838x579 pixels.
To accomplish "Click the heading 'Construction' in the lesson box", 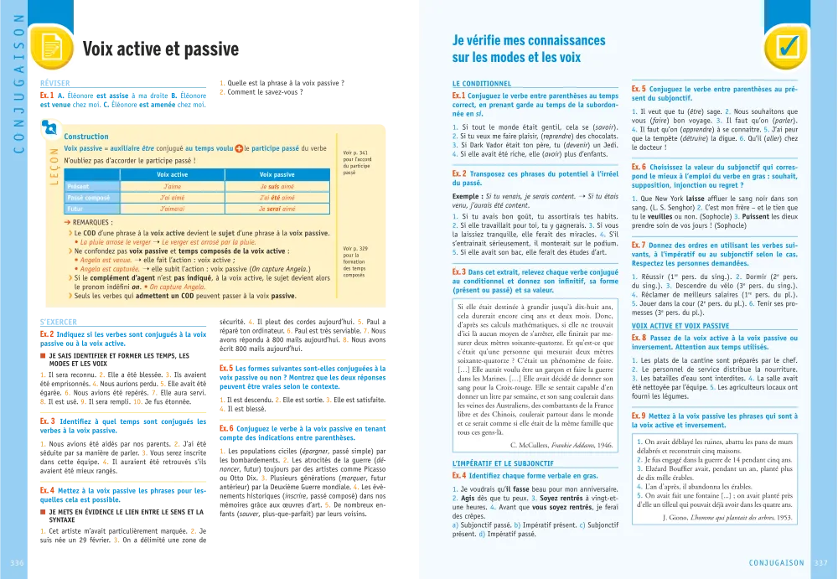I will point(86,137).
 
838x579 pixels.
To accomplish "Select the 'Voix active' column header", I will point(172,174).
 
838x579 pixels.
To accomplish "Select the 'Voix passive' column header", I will point(277,174).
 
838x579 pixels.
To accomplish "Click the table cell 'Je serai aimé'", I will point(277,209).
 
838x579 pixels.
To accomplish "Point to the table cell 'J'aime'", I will point(172,186).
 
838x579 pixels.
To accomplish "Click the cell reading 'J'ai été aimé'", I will point(277,197).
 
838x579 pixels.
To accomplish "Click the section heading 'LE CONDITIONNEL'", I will point(481,84).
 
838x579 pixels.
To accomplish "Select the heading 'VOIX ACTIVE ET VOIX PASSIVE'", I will point(680,325).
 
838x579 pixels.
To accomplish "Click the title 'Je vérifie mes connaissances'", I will point(528,40).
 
